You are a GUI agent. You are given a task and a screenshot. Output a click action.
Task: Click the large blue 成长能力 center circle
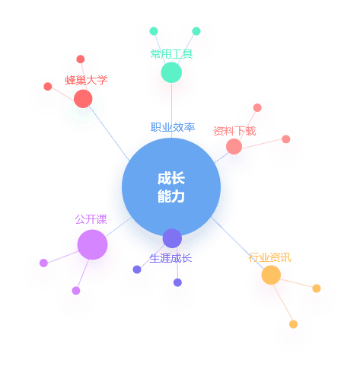click(x=171, y=187)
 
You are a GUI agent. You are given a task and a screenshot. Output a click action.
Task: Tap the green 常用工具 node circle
click(x=171, y=72)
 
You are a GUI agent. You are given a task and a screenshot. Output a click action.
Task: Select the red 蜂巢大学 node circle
click(x=83, y=99)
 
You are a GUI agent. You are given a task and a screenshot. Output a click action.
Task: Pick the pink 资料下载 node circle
click(x=234, y=146)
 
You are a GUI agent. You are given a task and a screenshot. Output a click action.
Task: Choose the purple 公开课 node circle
click(x=92, y=244)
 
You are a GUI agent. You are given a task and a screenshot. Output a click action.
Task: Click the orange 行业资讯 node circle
click(x=271, y=275)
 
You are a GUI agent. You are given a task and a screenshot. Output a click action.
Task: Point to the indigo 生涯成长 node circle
click(x=172, y=238)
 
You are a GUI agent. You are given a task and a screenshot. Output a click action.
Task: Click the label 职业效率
click(x=173, y=127)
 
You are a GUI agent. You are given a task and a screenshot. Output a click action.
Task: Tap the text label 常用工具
click(x=171, y=54)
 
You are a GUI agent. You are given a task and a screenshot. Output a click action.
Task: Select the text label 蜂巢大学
click(x=86, y=80)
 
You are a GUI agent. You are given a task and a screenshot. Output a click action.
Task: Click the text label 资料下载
click(x=234, y=131)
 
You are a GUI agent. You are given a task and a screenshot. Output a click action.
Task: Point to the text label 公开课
click(x=91, y=219)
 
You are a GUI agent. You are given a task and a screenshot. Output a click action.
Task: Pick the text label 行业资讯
click(x=269, y=257)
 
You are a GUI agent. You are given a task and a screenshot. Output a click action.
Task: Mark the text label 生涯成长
click(x=170, y=258)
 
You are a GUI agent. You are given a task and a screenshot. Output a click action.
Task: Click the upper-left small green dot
click(x=154, y=31)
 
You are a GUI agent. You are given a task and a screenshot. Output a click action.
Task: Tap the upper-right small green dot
click(x=196, y=31)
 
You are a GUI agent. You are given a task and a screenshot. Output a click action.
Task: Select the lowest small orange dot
click(x=293, y=324)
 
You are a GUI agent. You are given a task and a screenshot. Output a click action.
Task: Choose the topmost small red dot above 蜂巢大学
click(x=81, y=59)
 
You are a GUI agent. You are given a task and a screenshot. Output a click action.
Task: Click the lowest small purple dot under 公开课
click(x=76, y=291)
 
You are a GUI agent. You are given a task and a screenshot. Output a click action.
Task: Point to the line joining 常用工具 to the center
click(x=171, y=110)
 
